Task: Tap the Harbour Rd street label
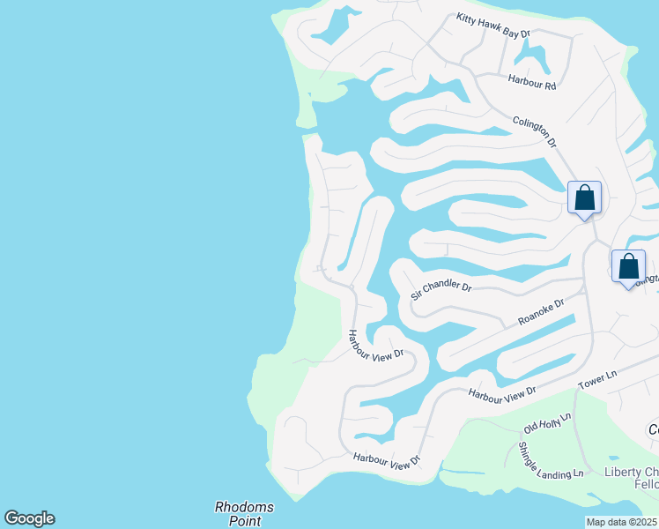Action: [x=532, y=86]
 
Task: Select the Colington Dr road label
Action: [x=535, y=130]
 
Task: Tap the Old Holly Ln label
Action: [x=547, y=422]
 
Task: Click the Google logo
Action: [x=29, y=518]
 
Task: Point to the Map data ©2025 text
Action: [x=622, y=522]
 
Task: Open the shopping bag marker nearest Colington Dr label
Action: [x=584, y=197]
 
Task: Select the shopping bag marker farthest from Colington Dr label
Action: [x=628, y=266]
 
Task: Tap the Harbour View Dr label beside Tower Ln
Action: [x=501, y=395]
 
